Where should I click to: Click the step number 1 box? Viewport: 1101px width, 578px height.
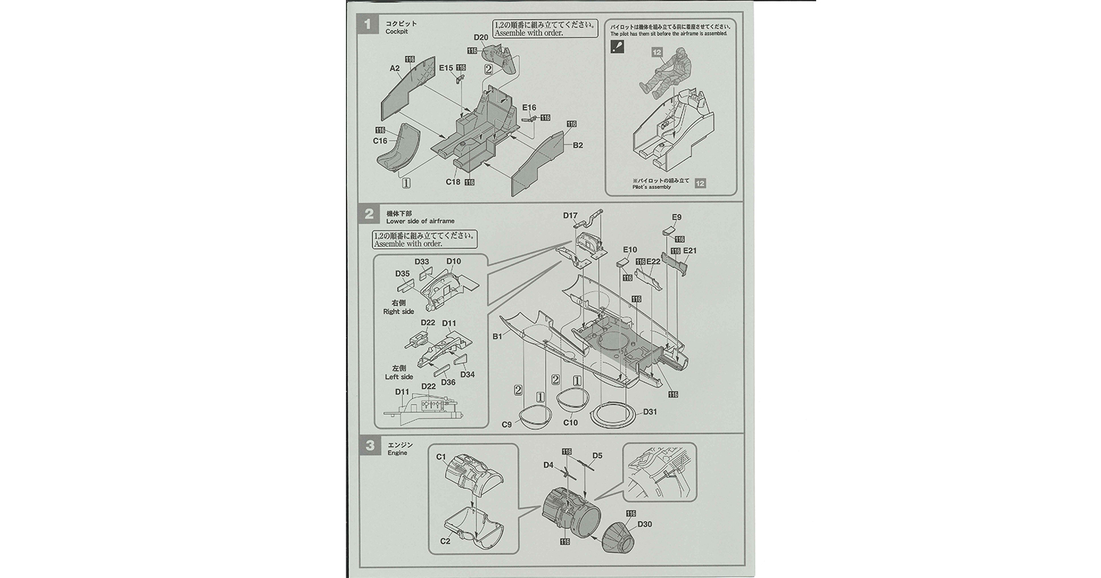(x=368, y=25)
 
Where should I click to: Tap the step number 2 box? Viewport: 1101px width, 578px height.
(x=369, y=214)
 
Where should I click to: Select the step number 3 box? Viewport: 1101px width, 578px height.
(x=369, y=446)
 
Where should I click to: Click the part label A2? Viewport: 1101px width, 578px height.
(x=395, y=68)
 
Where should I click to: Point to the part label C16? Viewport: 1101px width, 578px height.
(x=379, y=141)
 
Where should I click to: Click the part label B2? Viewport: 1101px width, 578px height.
(x=578, y=145)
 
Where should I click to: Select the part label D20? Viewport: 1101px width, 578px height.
(x=480, y=37)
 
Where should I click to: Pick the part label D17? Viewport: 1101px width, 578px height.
(x=570, y=216)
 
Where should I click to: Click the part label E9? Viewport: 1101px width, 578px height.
(x=676, y=218)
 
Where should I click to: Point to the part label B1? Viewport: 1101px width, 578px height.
(x=497, y=336)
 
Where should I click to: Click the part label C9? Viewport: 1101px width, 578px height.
(x=506, y=424)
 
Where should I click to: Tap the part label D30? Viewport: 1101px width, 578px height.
(x=645, y=524)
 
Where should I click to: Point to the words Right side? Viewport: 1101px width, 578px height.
(x=398, y=311)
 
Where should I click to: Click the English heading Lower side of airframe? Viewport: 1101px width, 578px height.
(x=420, y=221)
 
